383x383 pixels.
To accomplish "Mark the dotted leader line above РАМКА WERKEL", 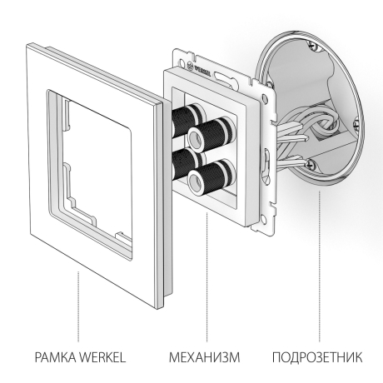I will click(78, 308).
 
